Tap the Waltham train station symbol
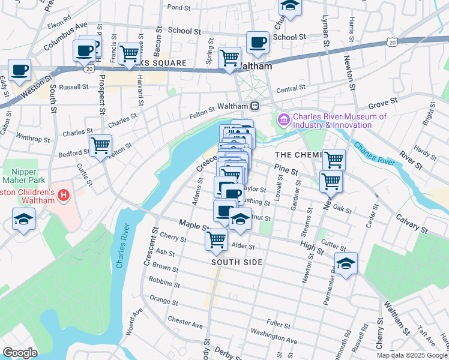[x=255, y=106]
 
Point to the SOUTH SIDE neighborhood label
[x=237, y=263]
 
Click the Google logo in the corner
[x=20, y=353]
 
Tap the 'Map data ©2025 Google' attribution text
[x=412, y=355]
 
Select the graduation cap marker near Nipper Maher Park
[x=23, y=220]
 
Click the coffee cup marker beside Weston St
[x=19, y=70]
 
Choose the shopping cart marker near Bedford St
[x=100, y=145]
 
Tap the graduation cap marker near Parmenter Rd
[x=346, y=263]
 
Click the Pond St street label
[x=178, y=8]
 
